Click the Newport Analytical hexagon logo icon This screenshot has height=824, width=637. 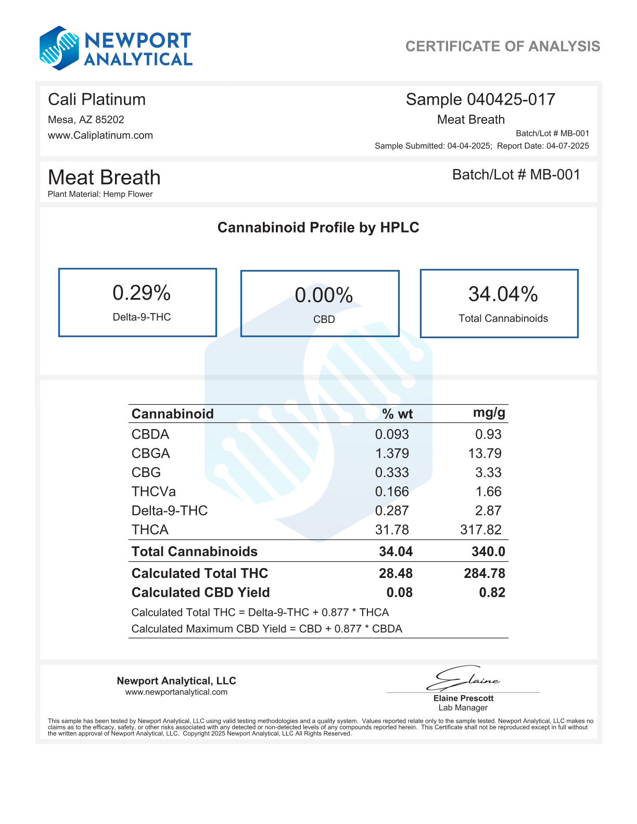click(59, 48)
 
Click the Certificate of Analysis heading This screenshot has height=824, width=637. click(502, 46)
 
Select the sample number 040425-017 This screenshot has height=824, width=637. click(511, 99)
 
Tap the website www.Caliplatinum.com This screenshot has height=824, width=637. click(100, 135)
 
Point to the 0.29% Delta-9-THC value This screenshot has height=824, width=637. click(142, 293)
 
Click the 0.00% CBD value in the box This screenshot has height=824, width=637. click(324, 295)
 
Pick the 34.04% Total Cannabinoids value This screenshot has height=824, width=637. click(503, 294)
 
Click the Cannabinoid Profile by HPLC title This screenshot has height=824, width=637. click(318, 227)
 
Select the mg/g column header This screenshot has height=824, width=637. click(489, 413)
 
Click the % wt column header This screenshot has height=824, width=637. click(397, 414)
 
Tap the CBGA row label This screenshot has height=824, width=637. click(150, 454)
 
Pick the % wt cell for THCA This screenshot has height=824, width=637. click(392, 530)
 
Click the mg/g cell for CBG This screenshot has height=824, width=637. click(488, 473)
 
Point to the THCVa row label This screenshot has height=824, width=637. click(154, 492)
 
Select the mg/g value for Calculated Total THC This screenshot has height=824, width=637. click(484, 573)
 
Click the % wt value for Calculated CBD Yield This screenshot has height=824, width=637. click(399, 593)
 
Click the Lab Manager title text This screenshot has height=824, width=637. click(463, 708)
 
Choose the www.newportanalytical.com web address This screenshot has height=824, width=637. click(176, 692)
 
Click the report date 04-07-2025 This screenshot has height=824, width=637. click(567, 146)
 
